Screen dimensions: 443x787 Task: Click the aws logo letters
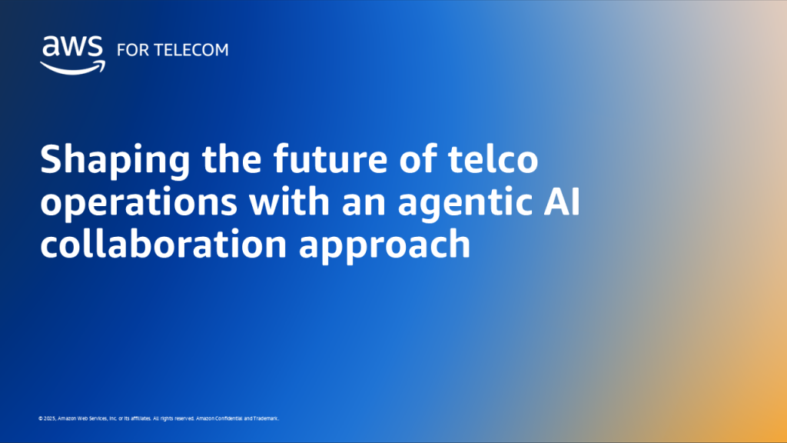[72, 48]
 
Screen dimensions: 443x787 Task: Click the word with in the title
[262, 204]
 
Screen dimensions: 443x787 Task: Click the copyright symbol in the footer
[40, 418]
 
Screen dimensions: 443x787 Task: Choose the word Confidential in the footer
[227, 418]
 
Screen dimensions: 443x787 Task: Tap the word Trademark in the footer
[265, 418]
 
